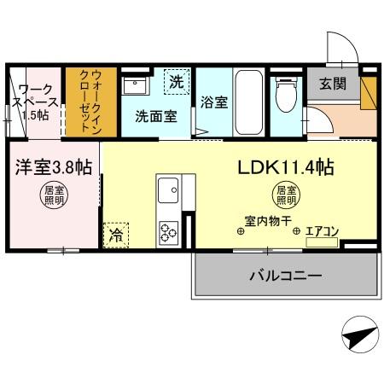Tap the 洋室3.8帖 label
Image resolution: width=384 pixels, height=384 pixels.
[51, 167]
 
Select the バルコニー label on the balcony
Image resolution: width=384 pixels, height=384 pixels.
[285, 276]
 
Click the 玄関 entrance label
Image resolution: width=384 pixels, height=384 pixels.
[332, 84]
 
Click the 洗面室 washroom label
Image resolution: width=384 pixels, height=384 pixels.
[156, 116]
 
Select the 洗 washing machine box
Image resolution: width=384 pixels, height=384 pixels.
[176, 83]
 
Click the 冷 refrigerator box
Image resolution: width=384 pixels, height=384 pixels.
[113, 235]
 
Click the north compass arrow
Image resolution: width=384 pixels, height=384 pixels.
[360, 335]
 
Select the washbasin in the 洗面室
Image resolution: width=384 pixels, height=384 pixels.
[136, 85]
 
